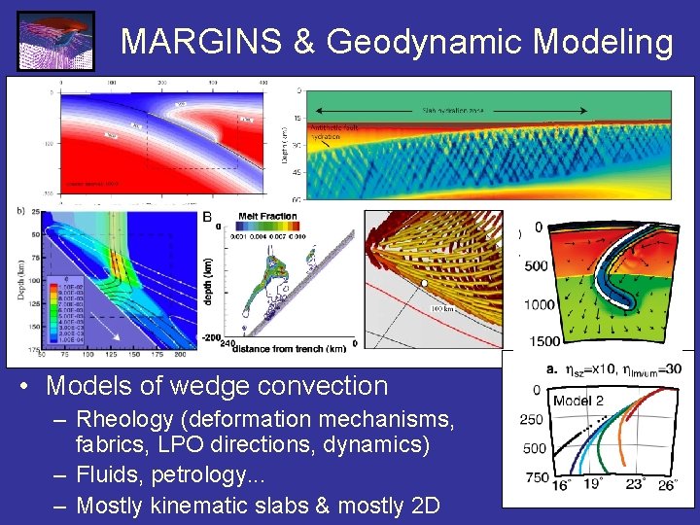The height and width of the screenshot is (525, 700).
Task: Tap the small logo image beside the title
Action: pyautogui.click(x=55, y=41)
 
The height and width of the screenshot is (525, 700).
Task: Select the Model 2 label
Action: pyautogui.click(x=578, y=401)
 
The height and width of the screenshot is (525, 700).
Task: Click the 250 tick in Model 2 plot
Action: pyautogui.click(x=533, y=419)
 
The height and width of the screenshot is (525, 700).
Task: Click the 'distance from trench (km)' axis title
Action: pyautogui.click(x=288, y=347)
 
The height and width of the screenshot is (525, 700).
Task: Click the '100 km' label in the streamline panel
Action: pyautogui.click(x=442, y=308)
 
